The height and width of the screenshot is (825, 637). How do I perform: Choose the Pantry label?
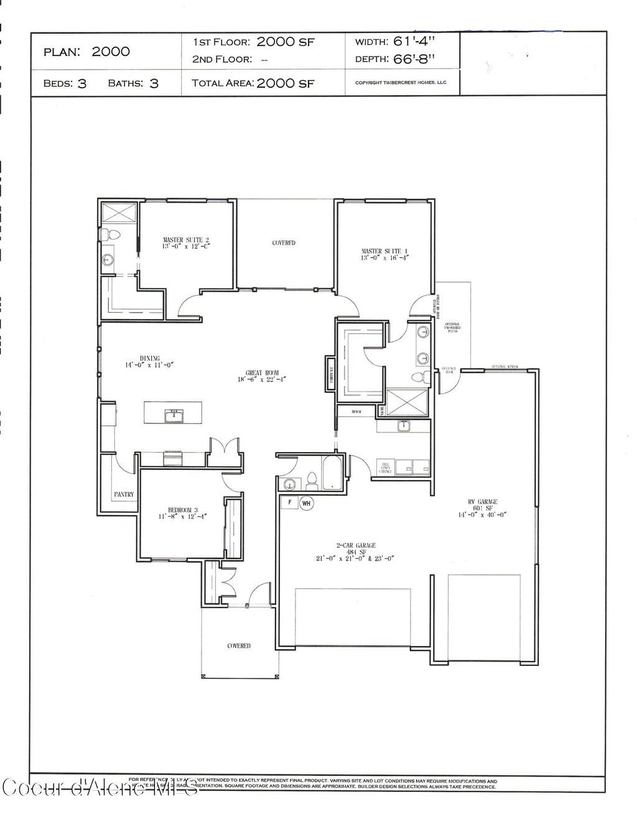click(x=124, y=494)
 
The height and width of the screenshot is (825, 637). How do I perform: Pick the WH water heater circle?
click(x=307, y=503)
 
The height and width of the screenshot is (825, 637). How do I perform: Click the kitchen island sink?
click(x=174, y=415)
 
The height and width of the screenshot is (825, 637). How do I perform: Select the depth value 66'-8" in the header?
click(x=414, y=59)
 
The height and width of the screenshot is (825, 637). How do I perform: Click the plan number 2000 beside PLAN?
click(x=111, y=52)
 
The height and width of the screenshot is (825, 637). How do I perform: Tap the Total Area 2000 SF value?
click(x=286, y=83)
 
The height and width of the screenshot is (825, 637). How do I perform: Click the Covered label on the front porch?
click(x=239, y=646)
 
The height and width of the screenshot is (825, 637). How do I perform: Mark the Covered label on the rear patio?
click(x=284, y=242)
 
